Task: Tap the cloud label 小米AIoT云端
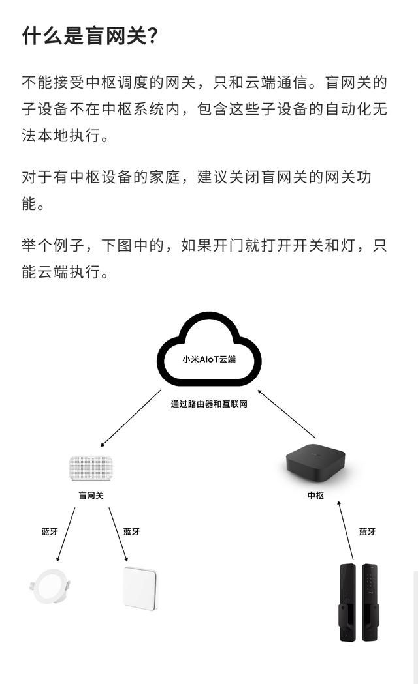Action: [209, 359]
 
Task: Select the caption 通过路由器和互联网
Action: [209, 404]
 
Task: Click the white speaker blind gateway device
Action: [91, 469]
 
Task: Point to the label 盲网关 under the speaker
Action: [91, 496]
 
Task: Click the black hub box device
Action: [315, 462]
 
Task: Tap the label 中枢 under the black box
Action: [315, 496]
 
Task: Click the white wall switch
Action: [140, 588]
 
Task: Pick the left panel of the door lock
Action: [348, 602]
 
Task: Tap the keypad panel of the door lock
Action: [370, 602]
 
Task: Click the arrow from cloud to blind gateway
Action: [131, 419]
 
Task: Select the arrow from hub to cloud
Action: [287, 413]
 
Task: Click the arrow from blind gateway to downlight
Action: [65, 535]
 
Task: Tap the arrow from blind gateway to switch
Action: [118, 535]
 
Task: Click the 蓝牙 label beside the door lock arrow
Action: [367, 532]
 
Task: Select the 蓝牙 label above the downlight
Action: [50, 532]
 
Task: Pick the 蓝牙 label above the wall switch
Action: [131, 532]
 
